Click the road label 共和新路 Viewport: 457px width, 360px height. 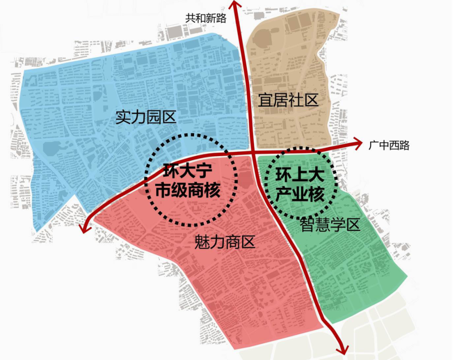coord(206,18)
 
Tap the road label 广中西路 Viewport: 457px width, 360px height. coord(389,146)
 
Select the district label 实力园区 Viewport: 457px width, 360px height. coord(146,117)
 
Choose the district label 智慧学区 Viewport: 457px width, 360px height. coord(330,225)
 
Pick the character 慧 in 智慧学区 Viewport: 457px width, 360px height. coord(322,225)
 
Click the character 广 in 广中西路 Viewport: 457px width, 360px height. coord(373,146)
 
